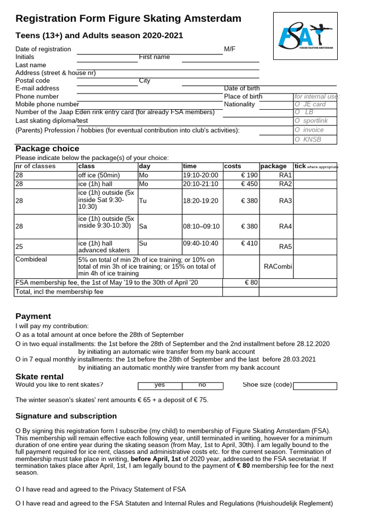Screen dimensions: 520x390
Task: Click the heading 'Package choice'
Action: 47,149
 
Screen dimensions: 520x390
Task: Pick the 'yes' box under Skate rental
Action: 160,385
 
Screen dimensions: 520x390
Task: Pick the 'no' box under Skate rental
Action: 202,385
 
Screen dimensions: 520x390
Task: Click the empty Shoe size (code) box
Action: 315,385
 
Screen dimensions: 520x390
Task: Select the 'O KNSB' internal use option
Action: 308,139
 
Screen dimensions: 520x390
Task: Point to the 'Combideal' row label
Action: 31,259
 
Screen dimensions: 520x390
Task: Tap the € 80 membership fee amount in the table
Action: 251,282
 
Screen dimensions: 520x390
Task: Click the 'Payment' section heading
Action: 34,316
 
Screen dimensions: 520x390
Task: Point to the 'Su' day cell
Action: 143,243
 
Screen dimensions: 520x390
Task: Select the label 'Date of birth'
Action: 242,88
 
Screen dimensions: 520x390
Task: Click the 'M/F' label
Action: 230,49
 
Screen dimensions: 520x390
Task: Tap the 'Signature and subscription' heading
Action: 66,416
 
